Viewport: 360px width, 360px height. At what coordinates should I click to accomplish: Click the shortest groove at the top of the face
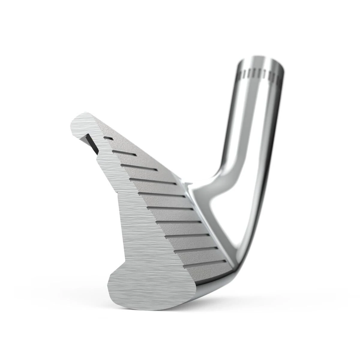click(108, 138)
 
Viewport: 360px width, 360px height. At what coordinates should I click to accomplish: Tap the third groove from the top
click(139, 167)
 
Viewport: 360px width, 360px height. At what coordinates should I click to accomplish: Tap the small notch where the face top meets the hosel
click(187, 183)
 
